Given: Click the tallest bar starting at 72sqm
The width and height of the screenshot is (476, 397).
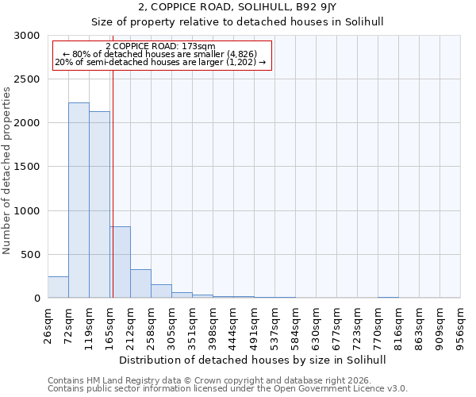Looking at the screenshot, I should click(79, 200).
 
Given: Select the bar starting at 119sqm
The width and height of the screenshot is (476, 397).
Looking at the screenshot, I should click(99, 205).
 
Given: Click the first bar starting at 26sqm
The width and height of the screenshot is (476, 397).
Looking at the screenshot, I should click(58, 287).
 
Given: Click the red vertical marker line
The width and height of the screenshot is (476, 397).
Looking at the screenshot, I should click(113, 183).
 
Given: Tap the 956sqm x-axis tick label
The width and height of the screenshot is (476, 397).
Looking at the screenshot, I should click(460, 325).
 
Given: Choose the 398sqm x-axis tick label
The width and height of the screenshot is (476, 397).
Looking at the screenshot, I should click(213, 325).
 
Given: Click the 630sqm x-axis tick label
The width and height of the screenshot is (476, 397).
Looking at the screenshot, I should click(316, 325).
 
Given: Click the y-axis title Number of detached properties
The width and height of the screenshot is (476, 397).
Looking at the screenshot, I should click(7, 172).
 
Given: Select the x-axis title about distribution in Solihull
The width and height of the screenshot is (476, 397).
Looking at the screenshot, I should click(254, 360).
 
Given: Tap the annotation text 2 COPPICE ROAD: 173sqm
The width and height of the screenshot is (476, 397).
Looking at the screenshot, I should click(160, 47).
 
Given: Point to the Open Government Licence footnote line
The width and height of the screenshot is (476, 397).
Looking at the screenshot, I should click(228, 389).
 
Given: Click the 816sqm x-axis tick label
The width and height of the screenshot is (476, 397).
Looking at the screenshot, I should click(398, 325).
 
